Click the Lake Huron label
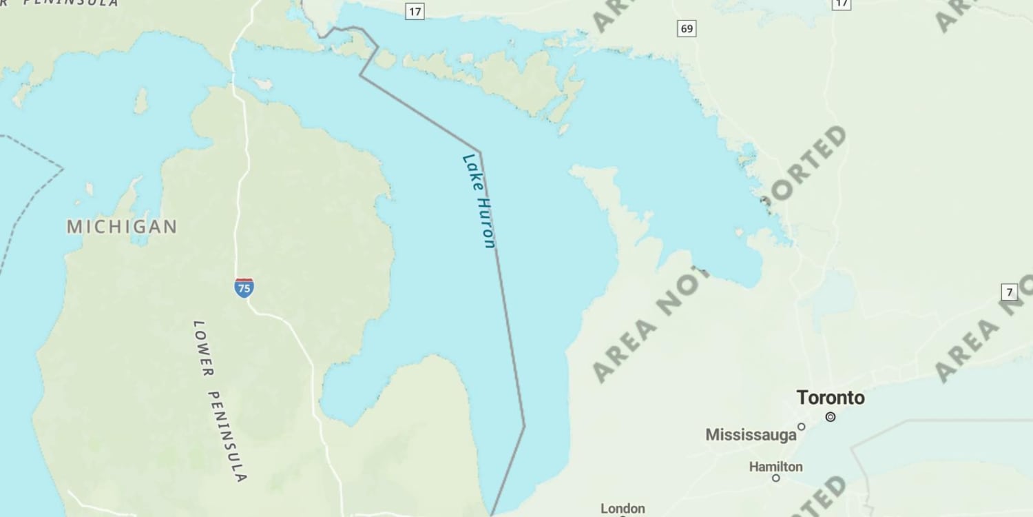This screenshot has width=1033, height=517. pos(479,201)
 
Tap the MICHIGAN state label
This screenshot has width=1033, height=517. pos(122,226)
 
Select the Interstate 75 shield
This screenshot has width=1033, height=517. pos(243,287)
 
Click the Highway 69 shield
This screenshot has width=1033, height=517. pos(686,28)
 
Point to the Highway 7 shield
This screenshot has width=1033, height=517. pos(1009,292)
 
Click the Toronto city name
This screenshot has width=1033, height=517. pos(831,398)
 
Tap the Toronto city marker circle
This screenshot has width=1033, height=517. pos(831,416)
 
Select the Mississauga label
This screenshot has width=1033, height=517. pos(750,435)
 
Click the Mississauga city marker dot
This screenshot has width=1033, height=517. pos(801,427)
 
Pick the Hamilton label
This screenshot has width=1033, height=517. pos(775,467)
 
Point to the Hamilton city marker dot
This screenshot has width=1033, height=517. pos(776,478)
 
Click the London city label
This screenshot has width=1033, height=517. pos(623,509)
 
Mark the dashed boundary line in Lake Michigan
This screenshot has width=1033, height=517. pos(28,207)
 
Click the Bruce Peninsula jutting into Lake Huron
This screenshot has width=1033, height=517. pos(613,207)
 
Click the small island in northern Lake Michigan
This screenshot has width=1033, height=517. pos(141,101)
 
